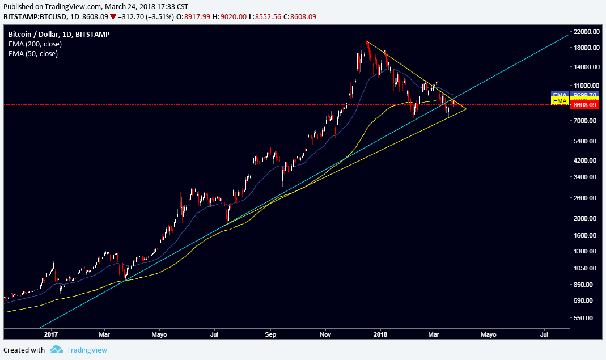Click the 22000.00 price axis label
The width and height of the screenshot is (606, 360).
(x=586, y=32)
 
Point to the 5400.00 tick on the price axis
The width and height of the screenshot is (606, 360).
(x=586, y=141)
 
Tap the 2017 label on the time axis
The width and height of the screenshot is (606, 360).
(x=51, y=334)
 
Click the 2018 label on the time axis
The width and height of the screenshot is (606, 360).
(x=380, y=334)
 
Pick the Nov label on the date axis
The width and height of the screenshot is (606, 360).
(x=325, y=334)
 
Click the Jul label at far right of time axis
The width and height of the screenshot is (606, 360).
(x=544, y=334)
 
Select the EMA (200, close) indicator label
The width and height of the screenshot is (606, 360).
(x=35, y=44)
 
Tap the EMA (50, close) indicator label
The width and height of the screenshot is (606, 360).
(x=33, y=53)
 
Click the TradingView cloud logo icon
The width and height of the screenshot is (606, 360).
(x=56, y=350)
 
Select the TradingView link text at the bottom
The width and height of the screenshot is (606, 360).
(x=86, y=350)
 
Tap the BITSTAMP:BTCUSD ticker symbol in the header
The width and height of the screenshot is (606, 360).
(x=31, y=17)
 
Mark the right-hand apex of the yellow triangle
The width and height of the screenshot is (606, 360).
(x=465, y=108)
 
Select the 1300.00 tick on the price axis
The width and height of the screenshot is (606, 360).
(x=586, y=251)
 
